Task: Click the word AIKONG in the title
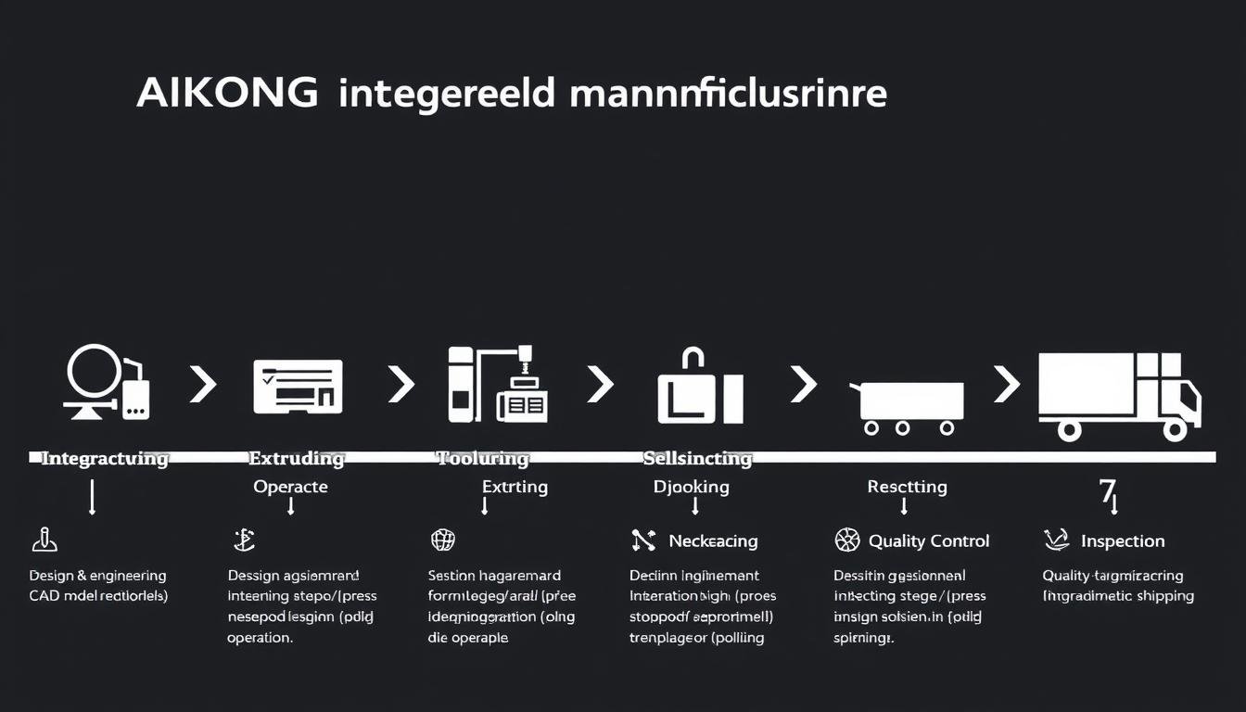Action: pos(227,95)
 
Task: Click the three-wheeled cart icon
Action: pos(907,406)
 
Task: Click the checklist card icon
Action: pos(298,387)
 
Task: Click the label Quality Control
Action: pos(928,540)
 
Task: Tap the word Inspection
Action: pos(1122,540)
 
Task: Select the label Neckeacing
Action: pos(713,540)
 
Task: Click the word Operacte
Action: pos(290,487)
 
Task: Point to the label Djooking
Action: pos(691,487)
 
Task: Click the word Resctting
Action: pos(907,487)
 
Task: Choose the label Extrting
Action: pos(515,487)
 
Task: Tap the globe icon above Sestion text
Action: pos(443,540)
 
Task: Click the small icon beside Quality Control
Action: pos(847,540)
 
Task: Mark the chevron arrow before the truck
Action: pos(1006,383)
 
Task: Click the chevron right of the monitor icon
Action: pos(202,383)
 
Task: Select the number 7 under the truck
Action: pos(1107,490)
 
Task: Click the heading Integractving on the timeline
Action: pos(105,458)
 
